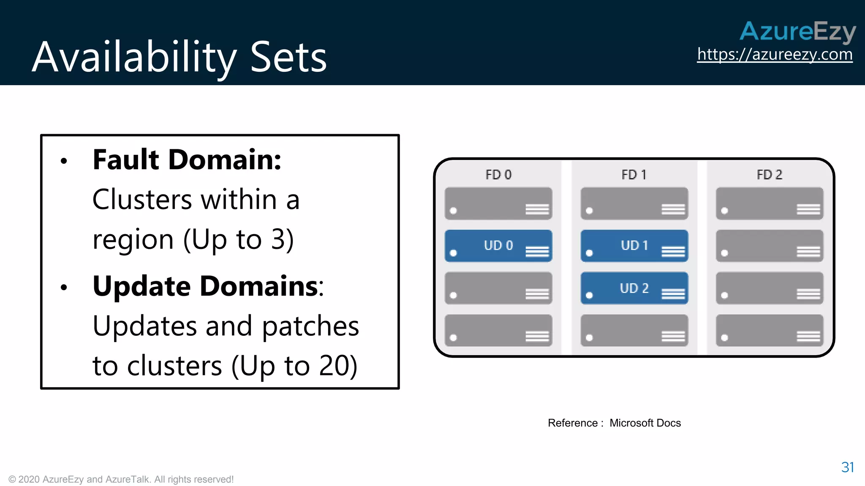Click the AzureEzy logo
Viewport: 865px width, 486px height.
797,31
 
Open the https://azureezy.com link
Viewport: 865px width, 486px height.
775,54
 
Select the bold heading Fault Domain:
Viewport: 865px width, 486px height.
187,160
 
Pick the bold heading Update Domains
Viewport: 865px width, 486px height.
205,286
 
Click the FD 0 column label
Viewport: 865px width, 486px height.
498,175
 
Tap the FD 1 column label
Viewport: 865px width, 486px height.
634,175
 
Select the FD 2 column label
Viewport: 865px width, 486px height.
770,175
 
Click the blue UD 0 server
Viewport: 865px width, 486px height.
498,246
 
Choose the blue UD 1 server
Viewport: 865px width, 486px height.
634,246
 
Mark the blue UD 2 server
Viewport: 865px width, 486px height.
634,288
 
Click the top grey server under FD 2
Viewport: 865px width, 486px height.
770,204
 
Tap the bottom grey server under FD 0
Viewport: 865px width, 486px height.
498,330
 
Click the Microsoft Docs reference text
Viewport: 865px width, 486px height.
645,423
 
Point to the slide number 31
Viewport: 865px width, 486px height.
847,467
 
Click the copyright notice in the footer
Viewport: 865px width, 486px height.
121,480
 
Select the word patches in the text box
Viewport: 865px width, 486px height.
310,326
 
